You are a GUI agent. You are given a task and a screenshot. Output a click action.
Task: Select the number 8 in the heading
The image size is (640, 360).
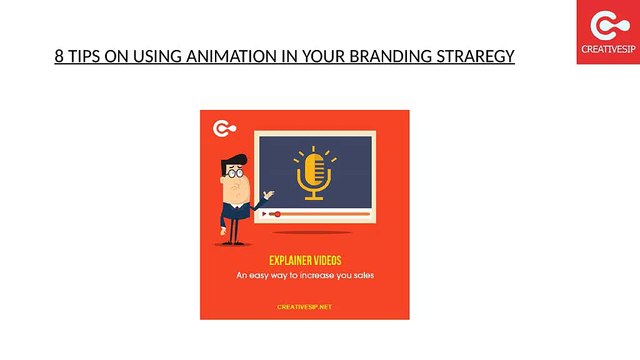click(x=59, y=56)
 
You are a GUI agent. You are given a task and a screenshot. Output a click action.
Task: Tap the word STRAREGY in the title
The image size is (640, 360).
click(x=475, y=56)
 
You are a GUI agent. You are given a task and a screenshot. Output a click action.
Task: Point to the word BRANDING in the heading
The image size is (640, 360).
click(x=391, y=56)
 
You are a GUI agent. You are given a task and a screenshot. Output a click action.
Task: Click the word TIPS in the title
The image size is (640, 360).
click(x=84, y=56)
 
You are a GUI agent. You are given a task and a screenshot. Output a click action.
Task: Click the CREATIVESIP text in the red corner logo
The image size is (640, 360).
click(x=608, y=49)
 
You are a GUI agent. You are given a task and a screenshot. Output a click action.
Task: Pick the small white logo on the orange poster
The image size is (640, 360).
click(x=224, y=129)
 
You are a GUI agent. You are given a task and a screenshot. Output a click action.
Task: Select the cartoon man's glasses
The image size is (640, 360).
click(x=235, y=173)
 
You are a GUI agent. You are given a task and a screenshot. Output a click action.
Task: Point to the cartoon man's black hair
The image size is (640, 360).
click(x=233, y=162)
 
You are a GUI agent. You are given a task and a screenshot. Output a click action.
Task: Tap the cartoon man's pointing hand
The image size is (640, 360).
click(x=269, y=194)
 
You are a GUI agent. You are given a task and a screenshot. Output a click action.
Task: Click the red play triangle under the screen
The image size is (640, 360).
click(x=264, y=214)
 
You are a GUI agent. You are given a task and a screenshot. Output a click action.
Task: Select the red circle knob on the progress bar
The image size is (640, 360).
click(x=278, y=214)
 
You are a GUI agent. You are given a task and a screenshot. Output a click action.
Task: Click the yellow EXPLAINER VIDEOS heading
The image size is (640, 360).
click(x=305, y=260)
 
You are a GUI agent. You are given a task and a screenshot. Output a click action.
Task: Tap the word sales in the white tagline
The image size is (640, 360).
click(x=364, y=276)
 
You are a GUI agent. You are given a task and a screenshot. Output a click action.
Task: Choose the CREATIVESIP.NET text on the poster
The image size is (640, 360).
click(x=304, y=307)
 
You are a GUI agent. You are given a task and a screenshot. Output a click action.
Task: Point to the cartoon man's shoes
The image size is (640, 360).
click(x=233, y=243)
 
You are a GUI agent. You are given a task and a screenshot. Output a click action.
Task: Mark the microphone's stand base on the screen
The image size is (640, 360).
click(x=314, y=198)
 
